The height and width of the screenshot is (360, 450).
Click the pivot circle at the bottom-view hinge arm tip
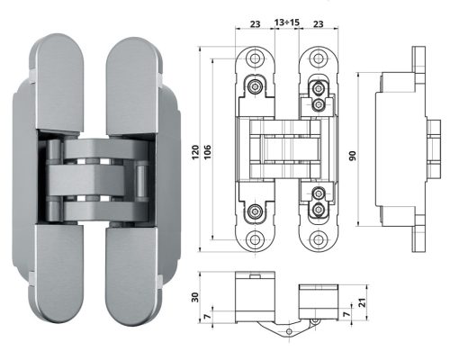tap(288, 332)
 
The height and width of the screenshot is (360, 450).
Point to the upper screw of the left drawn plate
tap(258, 87)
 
